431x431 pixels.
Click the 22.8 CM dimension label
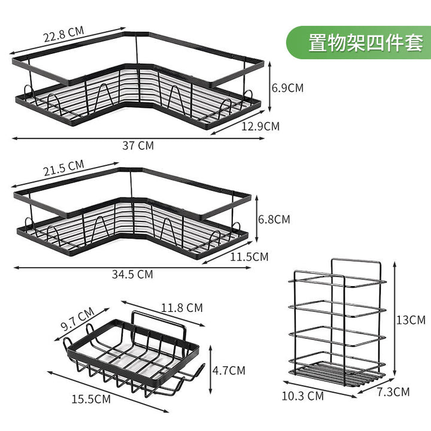click(63, 34)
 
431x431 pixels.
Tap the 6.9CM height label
click(287, 88)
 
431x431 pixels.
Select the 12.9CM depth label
click(260, 126)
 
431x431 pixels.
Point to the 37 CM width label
click(138, 145)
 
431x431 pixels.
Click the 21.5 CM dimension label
click(63, 168)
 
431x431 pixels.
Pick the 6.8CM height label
click(274, 219)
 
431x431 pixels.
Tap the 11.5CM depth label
click(249, 257)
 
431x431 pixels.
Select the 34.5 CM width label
click(132, 274)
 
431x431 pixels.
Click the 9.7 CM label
click(78, 319)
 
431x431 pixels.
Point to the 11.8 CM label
click(182, 308)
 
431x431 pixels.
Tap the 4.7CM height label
click(229, 371)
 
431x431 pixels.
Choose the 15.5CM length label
click(91, 399)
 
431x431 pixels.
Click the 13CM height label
click(411, 320)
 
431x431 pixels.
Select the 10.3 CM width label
click(303, 396)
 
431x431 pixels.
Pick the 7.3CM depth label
click(393, 392)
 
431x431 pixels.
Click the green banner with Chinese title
click(359, 43)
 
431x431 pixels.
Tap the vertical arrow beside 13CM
click(394, 319)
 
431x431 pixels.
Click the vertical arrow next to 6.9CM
click(269, 86)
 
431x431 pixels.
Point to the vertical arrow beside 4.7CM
click(211, 370)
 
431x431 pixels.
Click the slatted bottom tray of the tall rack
click(338, 374)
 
